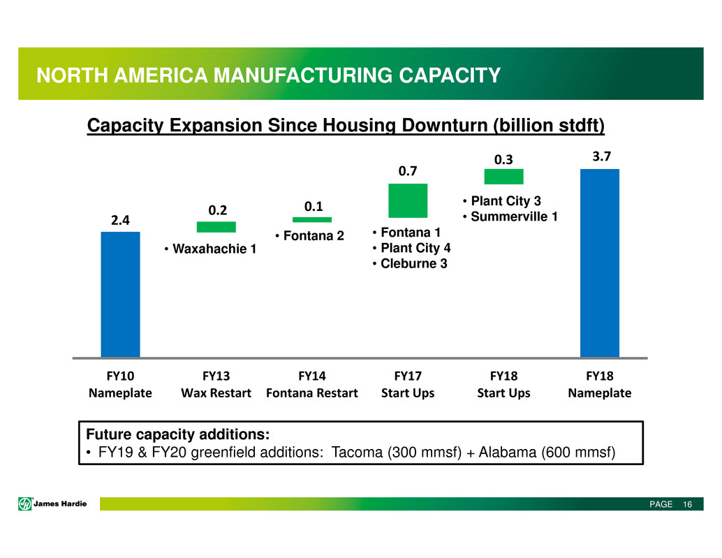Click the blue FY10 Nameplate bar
click(120, 294)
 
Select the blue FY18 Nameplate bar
click(600, 263)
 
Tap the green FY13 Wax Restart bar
click(216, 227)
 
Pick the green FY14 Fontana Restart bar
click(311, 219)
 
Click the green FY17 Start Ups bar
click(408, 200)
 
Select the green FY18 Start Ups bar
click(503, 176)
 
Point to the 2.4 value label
click(120, 221)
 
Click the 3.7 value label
click(601, 156)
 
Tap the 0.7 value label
click(408, 171)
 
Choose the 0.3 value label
click(503, 160)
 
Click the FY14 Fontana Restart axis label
click(311, 384)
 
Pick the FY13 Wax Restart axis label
click(216, 384)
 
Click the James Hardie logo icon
click(25, 504)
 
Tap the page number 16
click(688, 505)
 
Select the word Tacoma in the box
click(358, 452)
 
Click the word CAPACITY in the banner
click(450, 75)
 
